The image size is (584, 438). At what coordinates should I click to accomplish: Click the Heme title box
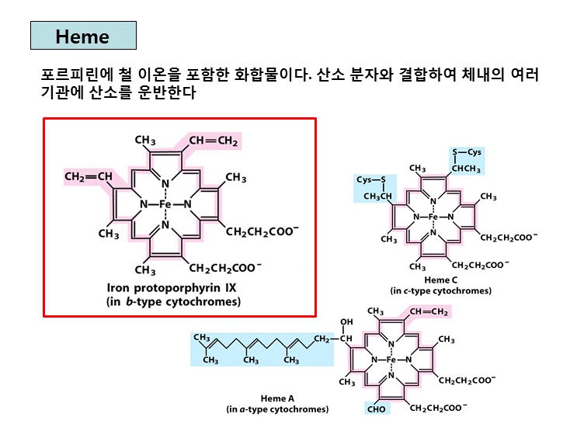pyautogui.click(x=83, y=36)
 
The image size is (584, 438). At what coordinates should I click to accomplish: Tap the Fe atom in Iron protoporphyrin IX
pyautogui.click(x=165, y=205)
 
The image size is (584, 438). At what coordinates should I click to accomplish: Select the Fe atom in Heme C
pyautogui.click(x=433, y=217)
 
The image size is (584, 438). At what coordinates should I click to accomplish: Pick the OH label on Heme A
pyautogui.click(x=346, y=322)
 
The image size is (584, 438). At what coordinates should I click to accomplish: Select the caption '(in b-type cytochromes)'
pyautogui.click(x=173, y=301)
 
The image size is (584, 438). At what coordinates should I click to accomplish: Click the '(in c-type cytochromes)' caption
pyautogui.click(x=440, y=291)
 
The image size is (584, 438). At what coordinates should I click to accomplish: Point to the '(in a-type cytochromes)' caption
pyautogui.click(x=277, y=408)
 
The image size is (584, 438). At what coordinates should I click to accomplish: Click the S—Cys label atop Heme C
pyautogui.click(x=467, y=152)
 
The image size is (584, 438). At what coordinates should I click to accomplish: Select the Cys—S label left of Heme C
pyautogui.click(x=372, y=179)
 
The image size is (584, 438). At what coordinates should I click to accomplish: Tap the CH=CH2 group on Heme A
pyautogui.click(x=429, y=312)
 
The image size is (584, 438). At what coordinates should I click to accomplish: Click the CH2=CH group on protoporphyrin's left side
pyautogui.click(x=89, y=177)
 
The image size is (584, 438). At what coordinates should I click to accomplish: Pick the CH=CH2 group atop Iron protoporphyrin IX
pyautogui.click(x=213, y=141)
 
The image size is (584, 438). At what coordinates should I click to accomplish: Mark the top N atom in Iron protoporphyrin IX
pyautogui.click(x=165, y=184)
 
